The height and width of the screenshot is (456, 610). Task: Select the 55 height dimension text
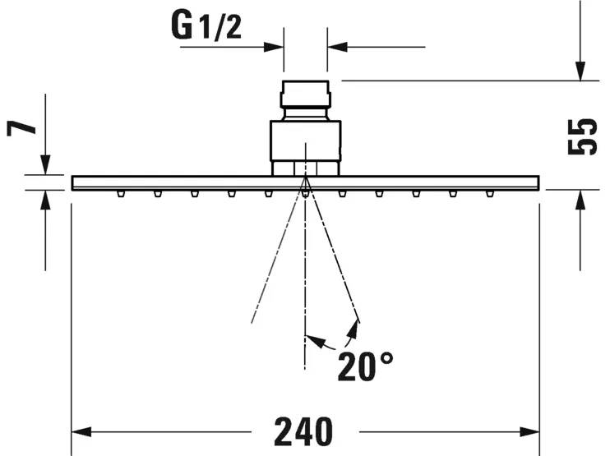pos(581,136)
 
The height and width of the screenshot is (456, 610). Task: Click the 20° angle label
pos(365,366)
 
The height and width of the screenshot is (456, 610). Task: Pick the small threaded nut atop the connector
pos(306,94)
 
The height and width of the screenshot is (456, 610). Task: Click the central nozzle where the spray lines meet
pos(305,193)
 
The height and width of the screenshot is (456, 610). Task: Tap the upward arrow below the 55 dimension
pos(581,200)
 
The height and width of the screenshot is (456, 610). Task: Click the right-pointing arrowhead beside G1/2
pos(275,46)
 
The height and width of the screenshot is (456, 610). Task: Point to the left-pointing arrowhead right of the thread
pos(336,46)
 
